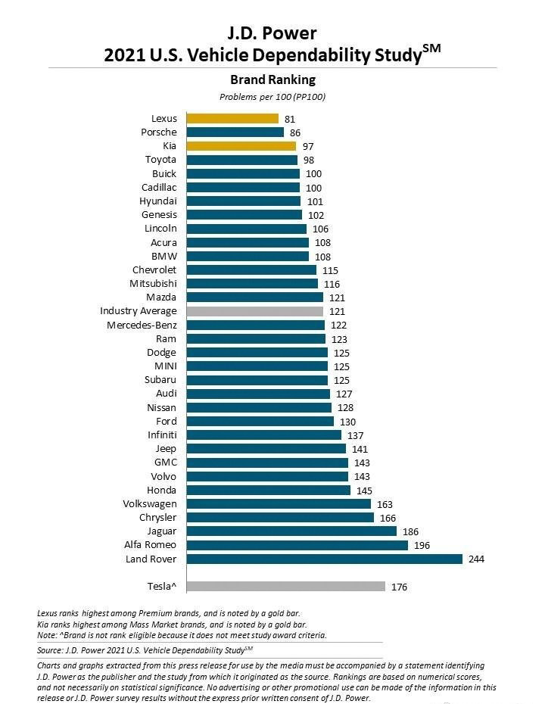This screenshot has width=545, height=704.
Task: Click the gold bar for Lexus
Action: [232, 118]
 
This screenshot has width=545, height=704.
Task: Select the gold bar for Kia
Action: [241, 146]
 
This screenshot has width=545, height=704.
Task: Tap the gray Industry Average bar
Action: [254, 311]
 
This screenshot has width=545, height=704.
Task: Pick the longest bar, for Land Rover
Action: [324, 559]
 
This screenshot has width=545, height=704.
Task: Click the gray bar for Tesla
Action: [285, 586]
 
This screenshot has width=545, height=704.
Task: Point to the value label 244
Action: [476, 559]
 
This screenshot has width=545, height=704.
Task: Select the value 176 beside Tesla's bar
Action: [399, 587]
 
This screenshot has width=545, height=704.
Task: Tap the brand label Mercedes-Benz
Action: [142, 325]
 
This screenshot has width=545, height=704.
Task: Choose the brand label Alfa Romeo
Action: [150, 545]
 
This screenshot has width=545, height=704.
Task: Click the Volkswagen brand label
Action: [149, 503]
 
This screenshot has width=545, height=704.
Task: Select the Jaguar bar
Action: [291, 531]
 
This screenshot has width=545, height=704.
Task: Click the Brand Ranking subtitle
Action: [272, 79]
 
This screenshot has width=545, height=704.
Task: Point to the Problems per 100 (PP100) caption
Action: [272, 97]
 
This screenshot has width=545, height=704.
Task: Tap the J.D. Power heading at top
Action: [272, 33]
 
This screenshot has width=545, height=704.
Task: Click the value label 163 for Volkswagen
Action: [385, 504]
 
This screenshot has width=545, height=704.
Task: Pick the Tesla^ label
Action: [161, 586]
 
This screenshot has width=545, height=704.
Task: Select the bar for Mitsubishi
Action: [252, 284]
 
